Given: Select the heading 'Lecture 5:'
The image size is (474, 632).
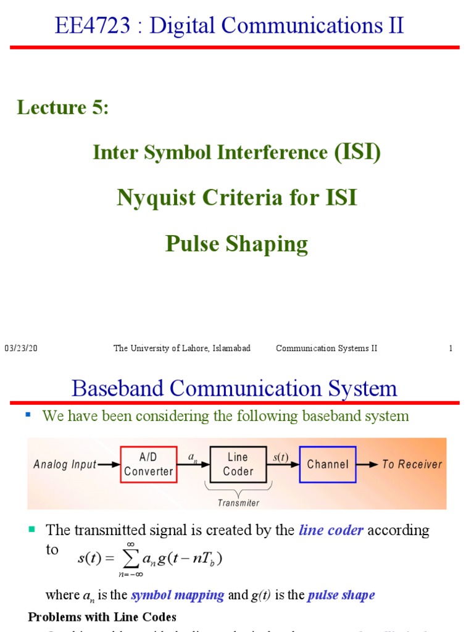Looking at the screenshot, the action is [x=63, y=107].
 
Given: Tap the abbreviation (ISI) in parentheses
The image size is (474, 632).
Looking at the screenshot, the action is [x=357, y=152].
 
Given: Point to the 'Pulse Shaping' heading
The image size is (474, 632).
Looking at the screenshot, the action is [x=236, y=244].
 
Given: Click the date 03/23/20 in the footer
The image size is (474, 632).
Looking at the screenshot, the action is [x=21, y=348].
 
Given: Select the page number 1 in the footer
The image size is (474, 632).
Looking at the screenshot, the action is [x=451, y=348].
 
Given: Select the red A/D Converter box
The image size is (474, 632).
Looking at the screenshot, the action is [x=148, y=464].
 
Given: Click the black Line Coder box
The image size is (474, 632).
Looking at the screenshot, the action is [x=238, y=464].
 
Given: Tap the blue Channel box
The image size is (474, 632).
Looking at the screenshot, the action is [x=328, y=464].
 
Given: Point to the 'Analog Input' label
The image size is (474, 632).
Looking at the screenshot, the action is [x=65, y=465].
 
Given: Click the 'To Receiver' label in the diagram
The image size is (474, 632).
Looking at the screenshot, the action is [x=412, y=464].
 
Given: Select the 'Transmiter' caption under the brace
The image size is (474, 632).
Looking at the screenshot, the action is [x=239, y=502].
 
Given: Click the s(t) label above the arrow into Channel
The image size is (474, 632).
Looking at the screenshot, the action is [x=280, y=457].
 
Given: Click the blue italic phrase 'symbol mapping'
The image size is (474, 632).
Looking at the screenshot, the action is [x=178, y=596].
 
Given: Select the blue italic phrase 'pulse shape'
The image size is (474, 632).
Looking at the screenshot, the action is [x=341, y=596].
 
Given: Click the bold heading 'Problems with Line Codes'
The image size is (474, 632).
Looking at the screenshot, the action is [x=102, y=617].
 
